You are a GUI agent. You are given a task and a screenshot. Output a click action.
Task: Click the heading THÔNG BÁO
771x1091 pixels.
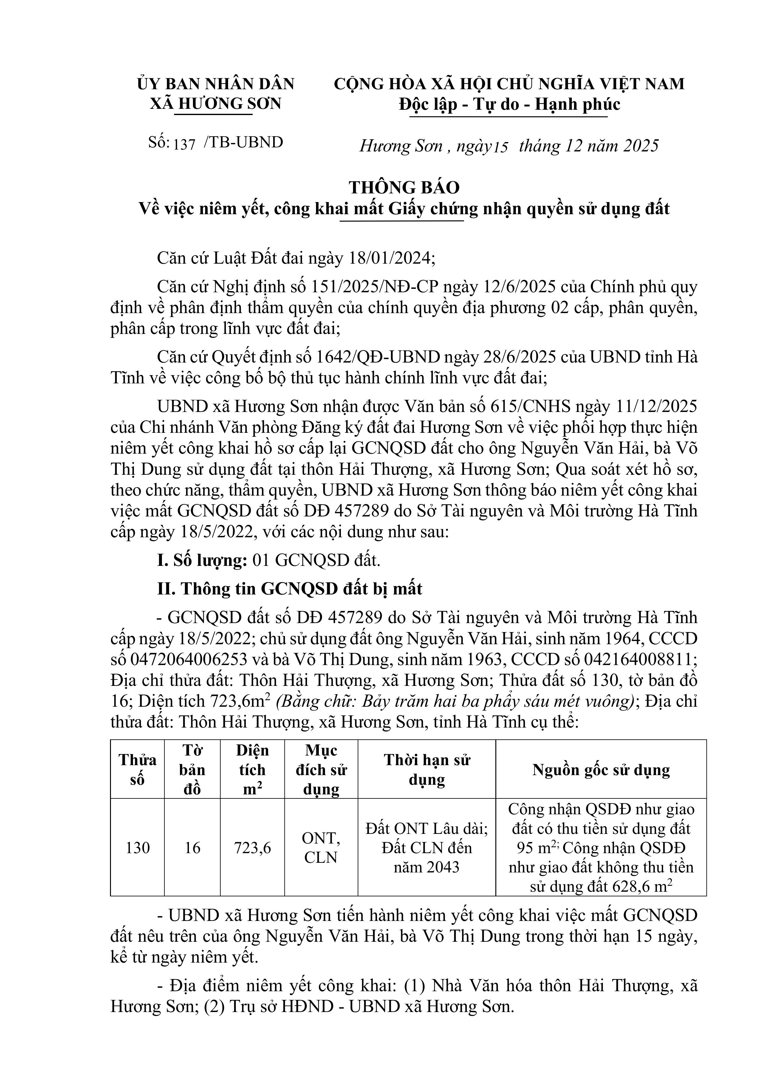point(404,188)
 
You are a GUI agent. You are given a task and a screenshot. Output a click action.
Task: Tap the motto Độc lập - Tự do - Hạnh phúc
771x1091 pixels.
point(509,104)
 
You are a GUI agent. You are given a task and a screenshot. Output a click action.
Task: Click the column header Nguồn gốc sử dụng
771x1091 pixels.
point(601,770)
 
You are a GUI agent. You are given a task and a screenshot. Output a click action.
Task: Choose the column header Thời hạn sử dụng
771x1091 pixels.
point(427,770)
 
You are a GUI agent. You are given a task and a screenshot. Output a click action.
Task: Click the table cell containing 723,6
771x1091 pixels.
point(252,848)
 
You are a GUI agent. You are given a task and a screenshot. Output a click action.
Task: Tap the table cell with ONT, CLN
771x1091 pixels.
point(321,848)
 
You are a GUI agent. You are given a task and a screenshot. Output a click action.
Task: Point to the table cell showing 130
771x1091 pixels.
point(137,848)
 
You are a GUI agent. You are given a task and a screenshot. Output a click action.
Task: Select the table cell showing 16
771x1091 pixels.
point(192,848)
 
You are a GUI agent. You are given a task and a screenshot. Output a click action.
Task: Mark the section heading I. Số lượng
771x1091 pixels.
point(202,561)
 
